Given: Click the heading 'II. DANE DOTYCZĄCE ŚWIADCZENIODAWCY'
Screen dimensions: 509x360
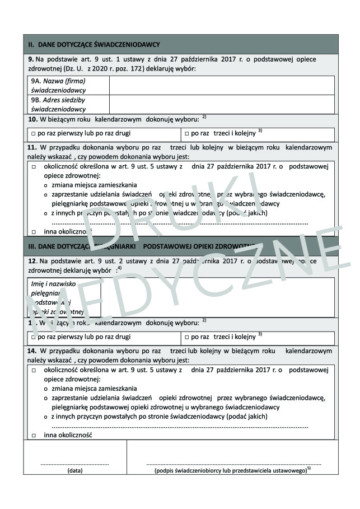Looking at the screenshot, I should click(95, 44).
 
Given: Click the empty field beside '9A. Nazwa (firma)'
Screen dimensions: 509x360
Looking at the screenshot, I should click(222, 85).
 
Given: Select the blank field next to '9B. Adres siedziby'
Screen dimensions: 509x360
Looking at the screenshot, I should click(222, 104).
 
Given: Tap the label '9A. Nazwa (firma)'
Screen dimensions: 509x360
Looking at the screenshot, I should click(58, 81).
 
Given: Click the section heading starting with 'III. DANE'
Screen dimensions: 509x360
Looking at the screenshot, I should click(140, 246).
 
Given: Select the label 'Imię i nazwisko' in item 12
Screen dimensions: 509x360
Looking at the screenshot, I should click(54, 284).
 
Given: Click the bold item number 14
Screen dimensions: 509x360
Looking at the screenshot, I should click(32, 351).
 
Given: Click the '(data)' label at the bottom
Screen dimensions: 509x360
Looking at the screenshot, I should click(74, 471).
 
